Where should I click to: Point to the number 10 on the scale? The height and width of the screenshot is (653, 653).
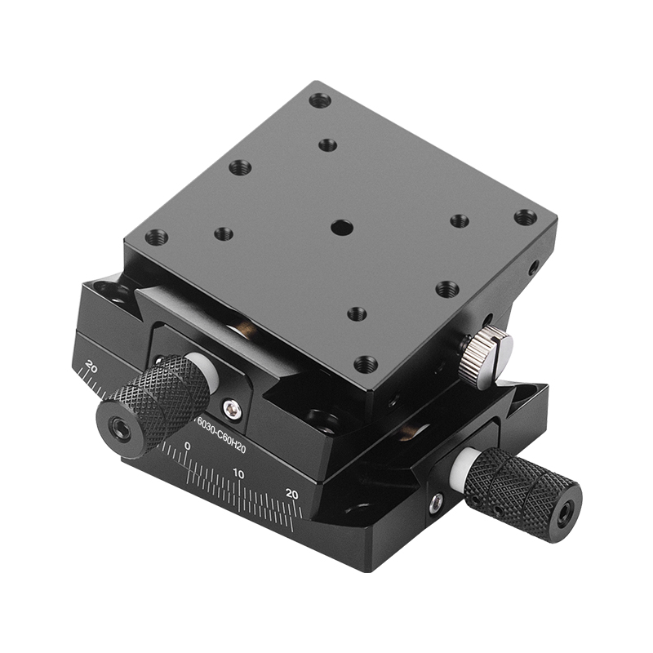[238, 473]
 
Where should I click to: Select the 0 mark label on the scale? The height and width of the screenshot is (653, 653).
[188, 446]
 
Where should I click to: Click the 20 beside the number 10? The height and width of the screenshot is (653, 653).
[292, 492]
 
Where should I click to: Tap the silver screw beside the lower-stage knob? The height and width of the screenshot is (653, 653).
[437, 503]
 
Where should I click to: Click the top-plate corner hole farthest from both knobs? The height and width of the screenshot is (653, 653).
[320, 100]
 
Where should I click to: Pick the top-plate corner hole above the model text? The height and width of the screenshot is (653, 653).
[156, 238]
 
